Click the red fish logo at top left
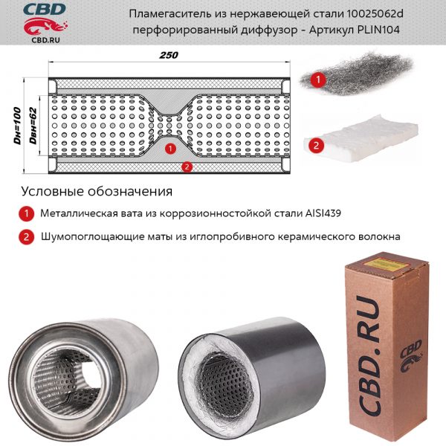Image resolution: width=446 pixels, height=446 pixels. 45,26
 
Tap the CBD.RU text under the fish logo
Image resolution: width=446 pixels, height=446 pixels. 45,40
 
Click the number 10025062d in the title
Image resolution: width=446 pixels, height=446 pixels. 375,13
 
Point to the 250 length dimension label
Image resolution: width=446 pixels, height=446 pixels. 169,55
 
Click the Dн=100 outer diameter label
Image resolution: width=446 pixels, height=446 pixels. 18,126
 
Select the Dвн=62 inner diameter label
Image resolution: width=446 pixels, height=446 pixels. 33,126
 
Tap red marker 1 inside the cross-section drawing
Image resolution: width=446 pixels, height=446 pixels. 170,149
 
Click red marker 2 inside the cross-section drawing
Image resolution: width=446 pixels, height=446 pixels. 187,167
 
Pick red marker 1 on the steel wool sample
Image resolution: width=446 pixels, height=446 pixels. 318,79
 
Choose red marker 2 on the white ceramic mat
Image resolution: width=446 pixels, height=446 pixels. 316,146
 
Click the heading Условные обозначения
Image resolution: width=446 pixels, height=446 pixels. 97,192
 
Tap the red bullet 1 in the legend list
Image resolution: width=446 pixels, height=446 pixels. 27,214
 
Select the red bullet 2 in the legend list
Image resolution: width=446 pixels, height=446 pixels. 27,237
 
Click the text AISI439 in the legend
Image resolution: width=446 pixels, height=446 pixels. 323,213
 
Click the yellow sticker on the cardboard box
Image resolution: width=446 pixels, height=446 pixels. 387,263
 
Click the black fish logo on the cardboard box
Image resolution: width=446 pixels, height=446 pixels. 411,357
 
